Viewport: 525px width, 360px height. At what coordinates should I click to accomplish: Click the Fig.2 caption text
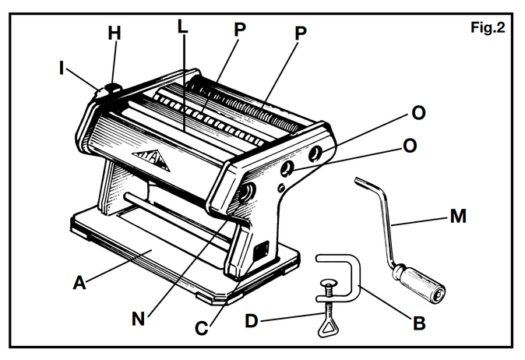coord(488,29)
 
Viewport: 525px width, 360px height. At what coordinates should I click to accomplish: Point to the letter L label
coord(181,26)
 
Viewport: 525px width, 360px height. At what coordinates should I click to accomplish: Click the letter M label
coord(459,216)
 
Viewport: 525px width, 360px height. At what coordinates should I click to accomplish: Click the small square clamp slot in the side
coord(262,251)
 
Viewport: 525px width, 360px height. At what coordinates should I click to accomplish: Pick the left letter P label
coord(239,29)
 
